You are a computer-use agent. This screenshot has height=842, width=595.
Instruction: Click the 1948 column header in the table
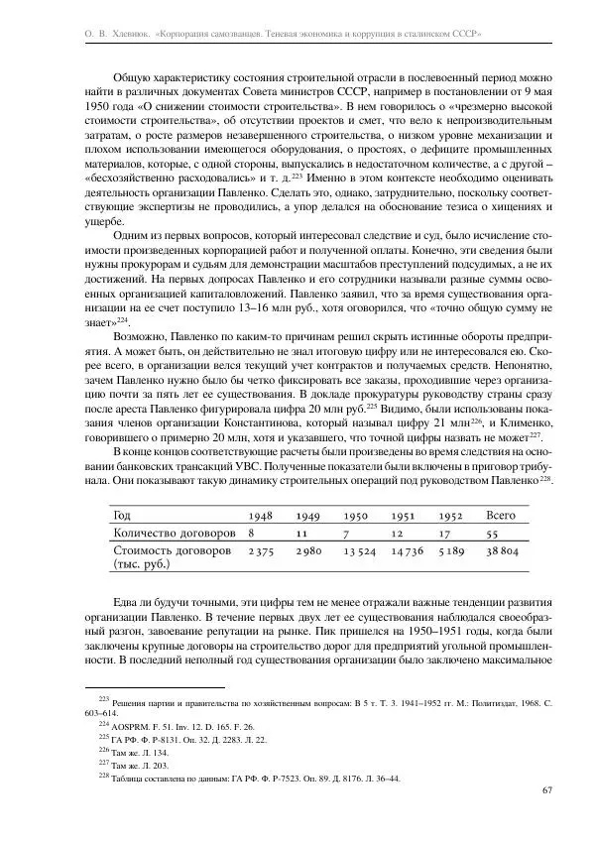click(x=261, y=516)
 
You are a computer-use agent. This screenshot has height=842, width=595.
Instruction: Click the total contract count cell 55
click(x=493, y=534)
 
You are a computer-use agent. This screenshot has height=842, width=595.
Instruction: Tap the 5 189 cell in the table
click(x=451, y=551)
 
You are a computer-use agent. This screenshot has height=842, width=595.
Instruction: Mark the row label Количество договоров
click(x=170, y=534)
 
